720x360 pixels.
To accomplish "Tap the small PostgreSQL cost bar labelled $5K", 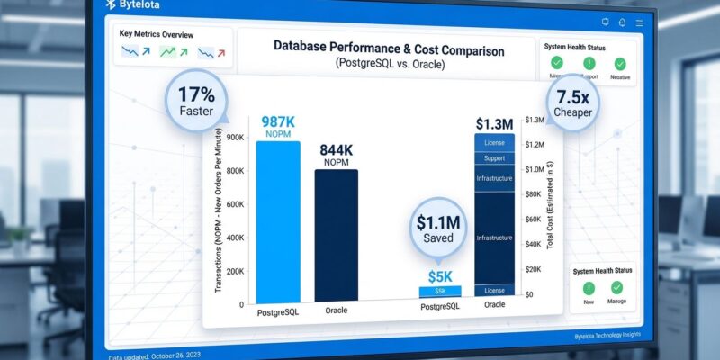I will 440,291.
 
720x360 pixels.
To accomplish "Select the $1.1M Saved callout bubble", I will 437,228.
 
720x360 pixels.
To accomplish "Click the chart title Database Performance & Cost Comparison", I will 389,50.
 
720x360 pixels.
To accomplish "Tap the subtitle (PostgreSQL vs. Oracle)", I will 389,65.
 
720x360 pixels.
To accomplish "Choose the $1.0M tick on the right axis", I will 534,168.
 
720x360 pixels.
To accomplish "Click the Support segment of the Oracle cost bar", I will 494,157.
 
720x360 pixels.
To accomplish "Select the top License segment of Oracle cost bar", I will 494,142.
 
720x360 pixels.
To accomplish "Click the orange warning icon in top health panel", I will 589,63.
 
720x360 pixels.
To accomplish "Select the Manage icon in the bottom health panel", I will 617,288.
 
